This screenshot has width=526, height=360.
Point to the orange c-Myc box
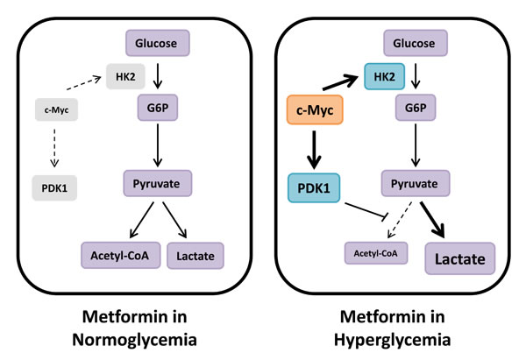click(314, 111)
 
